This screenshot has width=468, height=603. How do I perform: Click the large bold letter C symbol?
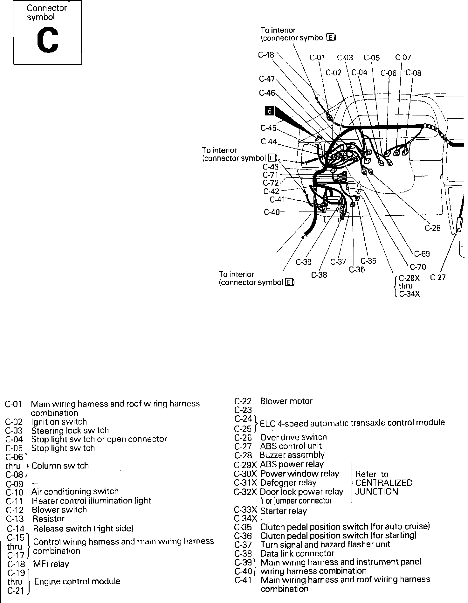[47, 40]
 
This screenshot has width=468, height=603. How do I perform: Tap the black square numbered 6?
[270, 111]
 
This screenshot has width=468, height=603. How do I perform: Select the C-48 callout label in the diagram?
[266, 55]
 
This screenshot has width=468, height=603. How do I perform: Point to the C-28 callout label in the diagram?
[433, 228]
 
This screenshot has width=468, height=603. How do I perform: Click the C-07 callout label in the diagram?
[403, 58]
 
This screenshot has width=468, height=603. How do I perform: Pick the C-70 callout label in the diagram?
[418, 267]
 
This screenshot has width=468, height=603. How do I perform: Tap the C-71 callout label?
[271, 175]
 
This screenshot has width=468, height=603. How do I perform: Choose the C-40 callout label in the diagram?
[272, 212]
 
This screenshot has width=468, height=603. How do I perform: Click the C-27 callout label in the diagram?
[438, 277]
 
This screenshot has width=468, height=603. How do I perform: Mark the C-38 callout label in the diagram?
[319, 275]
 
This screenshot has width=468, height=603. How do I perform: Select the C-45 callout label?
[268, 128]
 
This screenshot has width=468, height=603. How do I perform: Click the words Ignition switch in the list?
[59, 422]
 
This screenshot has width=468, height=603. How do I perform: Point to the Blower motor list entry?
[286, 401]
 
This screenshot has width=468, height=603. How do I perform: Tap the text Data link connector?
[297, 554]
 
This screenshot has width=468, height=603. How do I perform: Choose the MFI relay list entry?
[51, 564]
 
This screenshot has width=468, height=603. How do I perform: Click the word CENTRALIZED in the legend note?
[384, 483]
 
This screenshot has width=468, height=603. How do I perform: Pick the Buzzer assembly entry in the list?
[292, 455]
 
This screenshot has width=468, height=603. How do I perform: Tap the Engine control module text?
[77, 581]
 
